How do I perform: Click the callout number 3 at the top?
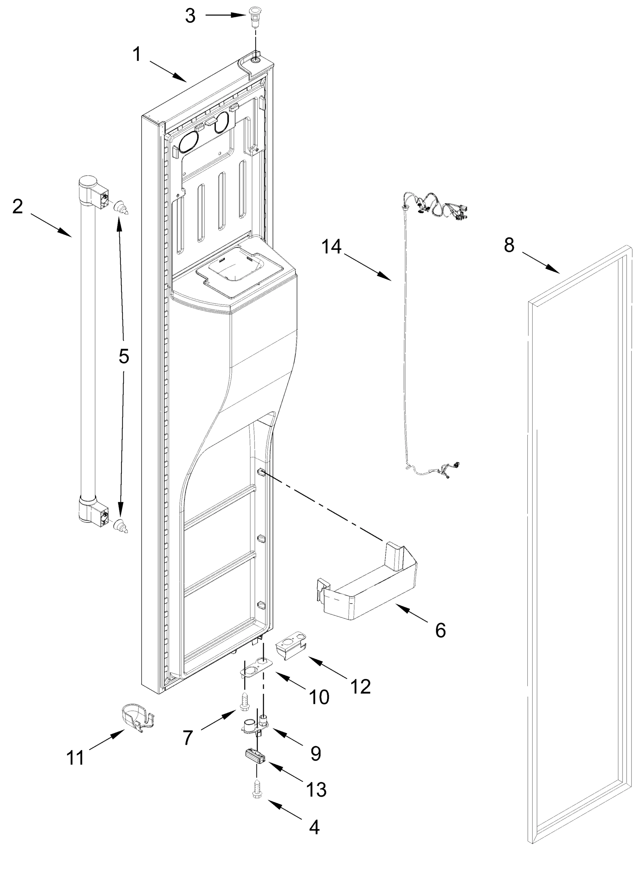190,16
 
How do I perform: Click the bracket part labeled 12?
291,650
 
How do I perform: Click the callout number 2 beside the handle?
17,206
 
